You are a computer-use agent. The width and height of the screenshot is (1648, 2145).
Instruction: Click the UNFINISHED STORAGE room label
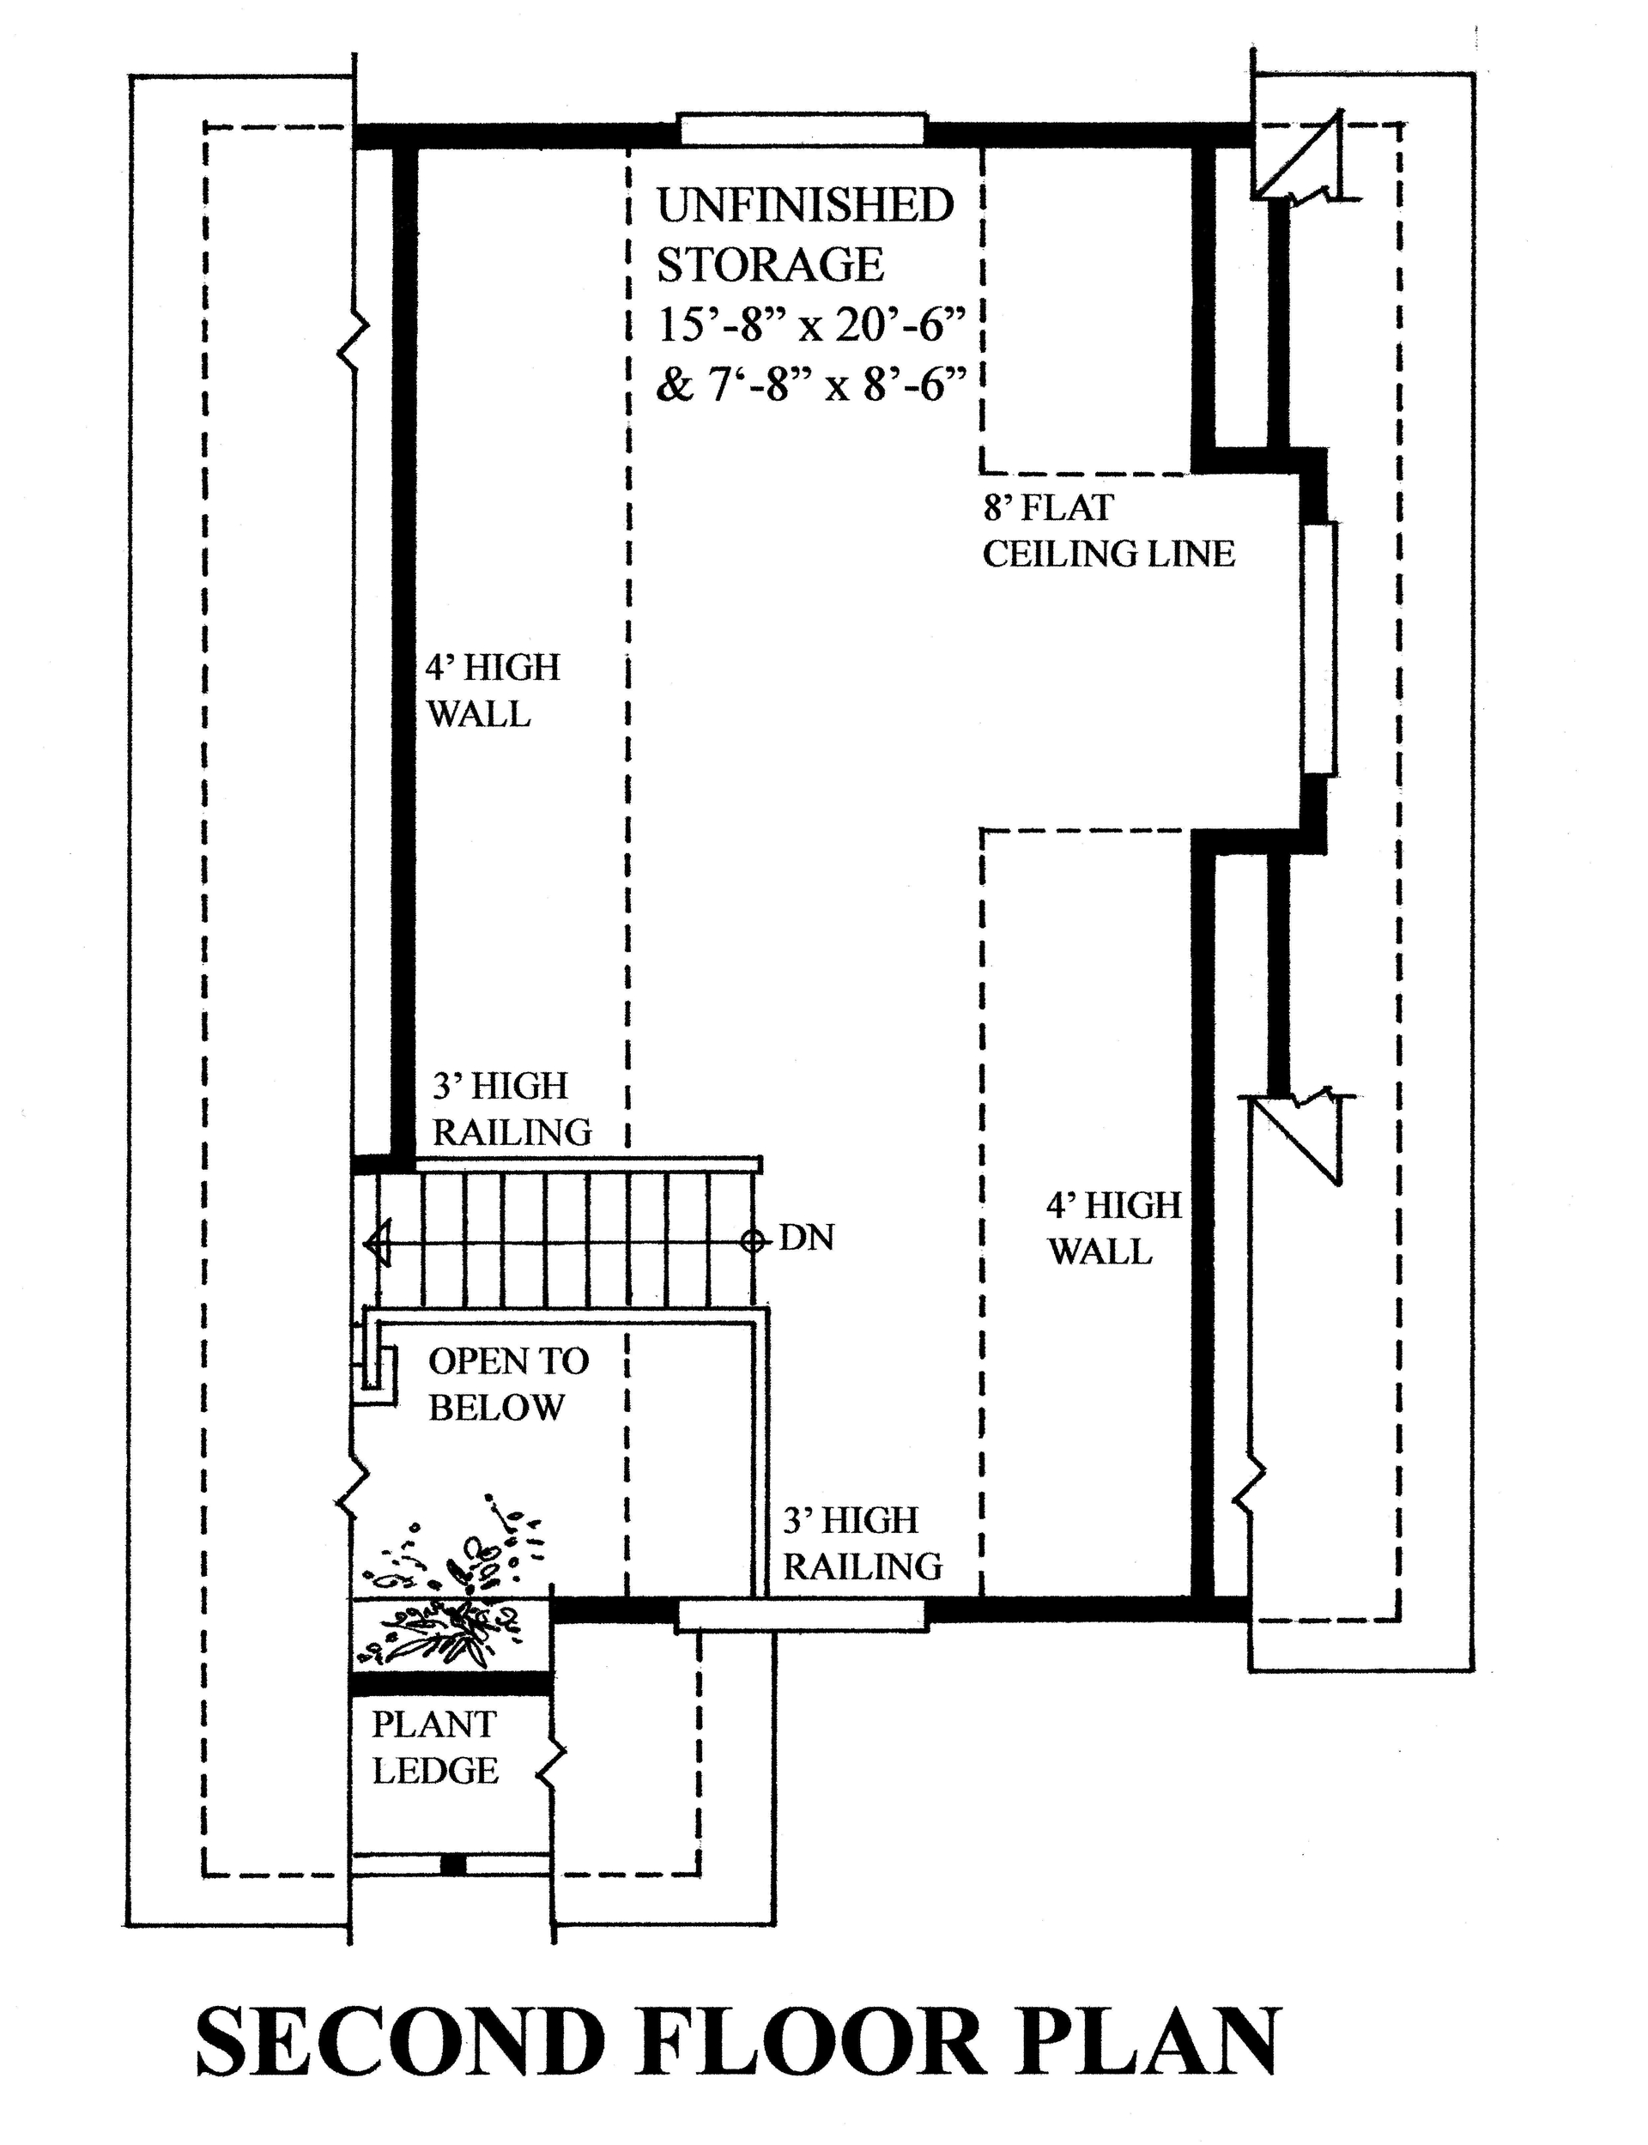804,235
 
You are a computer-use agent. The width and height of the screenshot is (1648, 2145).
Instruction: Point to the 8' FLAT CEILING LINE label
1107,530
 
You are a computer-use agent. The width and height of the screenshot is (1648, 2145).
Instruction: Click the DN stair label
806,1238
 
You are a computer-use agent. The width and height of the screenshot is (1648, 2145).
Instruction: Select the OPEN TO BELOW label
507,1384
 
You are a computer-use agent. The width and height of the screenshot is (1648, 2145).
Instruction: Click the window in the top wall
802,130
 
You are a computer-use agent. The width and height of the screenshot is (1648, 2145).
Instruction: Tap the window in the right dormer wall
1320,649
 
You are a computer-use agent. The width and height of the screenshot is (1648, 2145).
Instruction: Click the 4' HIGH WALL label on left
493,690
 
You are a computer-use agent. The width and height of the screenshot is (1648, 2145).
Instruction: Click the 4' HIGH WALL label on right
1113,1228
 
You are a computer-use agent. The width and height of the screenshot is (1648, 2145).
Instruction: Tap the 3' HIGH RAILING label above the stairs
511,1109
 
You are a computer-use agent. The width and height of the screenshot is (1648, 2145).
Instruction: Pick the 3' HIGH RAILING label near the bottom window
861,1542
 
